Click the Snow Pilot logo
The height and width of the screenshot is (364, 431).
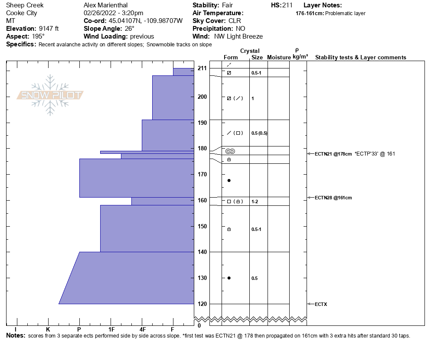coord(50,95)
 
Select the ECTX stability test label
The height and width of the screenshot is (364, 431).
coord(321,304)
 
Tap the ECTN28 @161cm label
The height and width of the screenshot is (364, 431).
coord(333,198)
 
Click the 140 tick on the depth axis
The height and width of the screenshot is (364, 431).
coord(202,252)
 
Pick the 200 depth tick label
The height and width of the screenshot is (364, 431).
coord(202,97)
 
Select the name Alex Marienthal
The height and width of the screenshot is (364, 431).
coord(105,5)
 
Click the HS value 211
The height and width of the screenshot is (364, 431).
coord(287,5)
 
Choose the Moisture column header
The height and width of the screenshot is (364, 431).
coord(279,57)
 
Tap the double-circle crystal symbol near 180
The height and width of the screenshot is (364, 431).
coord(230,151)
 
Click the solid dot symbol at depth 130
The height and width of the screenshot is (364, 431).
coord(229,278)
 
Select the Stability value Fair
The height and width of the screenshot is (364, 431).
coord(228,5)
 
